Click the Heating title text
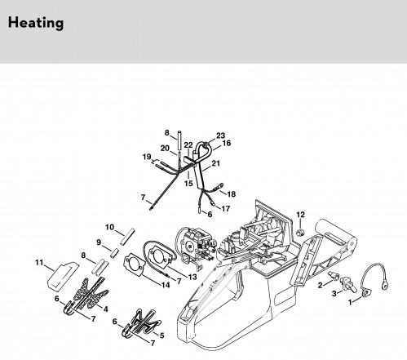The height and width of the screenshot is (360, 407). (x=36, y=23)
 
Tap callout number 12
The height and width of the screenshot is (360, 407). (x=300, y=215)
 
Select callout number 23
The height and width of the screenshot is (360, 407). (x=221, y=136)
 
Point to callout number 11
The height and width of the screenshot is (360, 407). (x=39, y=263)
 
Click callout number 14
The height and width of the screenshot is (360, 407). (x=166, y=285)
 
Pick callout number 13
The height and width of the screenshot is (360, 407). (x=192, y=277)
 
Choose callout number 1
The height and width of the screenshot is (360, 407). (x=351, y=302)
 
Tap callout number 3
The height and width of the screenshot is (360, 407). (x=334, y=294)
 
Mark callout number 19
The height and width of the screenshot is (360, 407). (x=147, y=157)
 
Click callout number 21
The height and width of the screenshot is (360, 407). (x=215, y=163)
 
